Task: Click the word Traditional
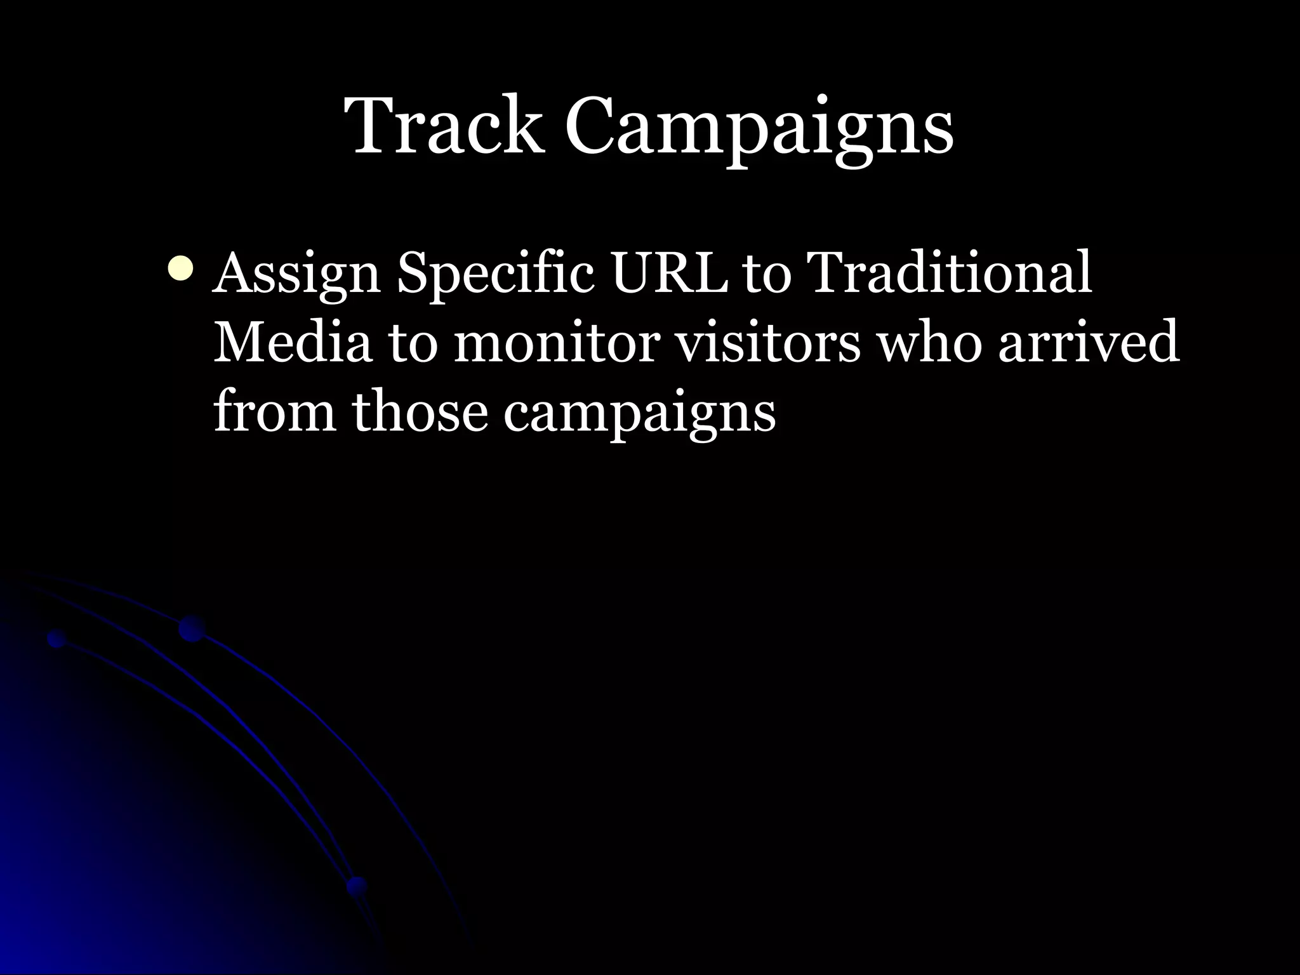pyautogui.click(x=950, y=273)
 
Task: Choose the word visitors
pyautogui.click(x=766, y=343)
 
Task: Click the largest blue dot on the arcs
pyautogui.click(x=192, y=628)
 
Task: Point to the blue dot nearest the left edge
pyautogui.click(x=56, y=639)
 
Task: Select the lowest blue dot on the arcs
pyautogui.click(x=357, y=885)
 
